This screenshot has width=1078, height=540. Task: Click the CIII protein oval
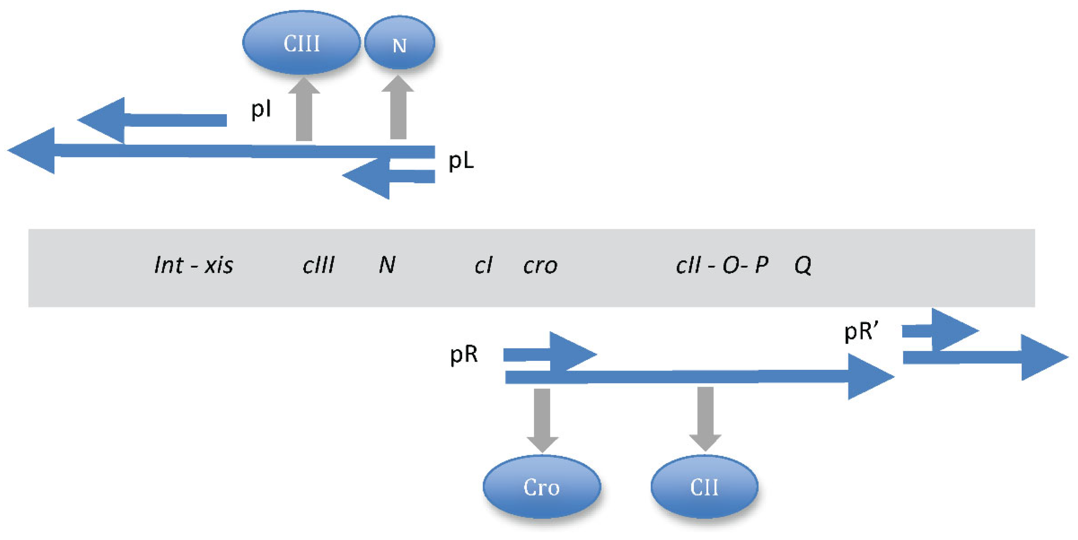[301, 43]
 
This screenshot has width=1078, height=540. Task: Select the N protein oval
[399, 44]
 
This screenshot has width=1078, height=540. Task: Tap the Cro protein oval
[541, 487]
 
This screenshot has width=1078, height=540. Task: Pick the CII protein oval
[704, 487]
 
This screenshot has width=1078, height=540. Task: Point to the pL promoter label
[461, 161]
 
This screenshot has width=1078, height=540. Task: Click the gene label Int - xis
[194, 265]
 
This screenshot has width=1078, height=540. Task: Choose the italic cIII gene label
[318, 265]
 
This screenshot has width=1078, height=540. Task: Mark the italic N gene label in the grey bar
[387, 265]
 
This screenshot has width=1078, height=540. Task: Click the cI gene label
[483, 265]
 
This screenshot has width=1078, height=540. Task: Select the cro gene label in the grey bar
[540, 265]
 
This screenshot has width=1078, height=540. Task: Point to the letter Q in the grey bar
[803, 265]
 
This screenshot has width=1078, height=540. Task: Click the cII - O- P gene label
[722, 265]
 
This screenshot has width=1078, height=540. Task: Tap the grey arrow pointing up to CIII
[304, 111]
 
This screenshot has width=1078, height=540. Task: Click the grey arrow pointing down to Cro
[542, 418]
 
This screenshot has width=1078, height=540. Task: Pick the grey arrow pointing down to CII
[705, 417]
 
